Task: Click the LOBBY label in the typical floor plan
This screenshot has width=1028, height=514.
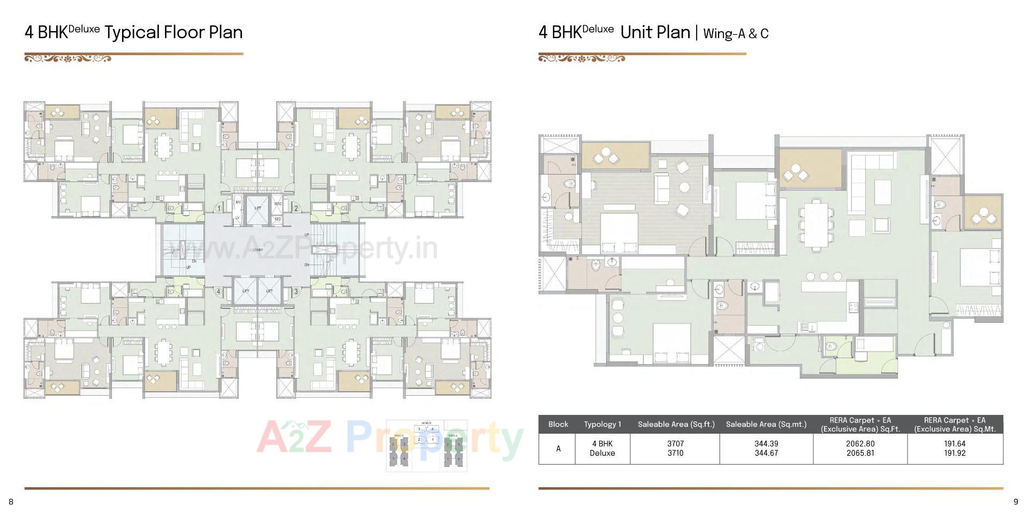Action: (258, 250)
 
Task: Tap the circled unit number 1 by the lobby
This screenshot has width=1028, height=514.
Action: (218, 209)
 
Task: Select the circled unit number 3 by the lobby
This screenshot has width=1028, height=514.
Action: (296, 292)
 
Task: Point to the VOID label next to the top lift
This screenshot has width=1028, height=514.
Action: (277, 203)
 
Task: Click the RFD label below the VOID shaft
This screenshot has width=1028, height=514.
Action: (277, 220)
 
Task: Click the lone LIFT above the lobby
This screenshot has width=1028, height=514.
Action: (258, 208)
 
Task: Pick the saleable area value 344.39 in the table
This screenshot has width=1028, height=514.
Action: (766, 444)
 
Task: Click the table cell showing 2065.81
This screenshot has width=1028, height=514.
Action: (860, 453)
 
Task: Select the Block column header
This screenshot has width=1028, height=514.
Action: (558, 424)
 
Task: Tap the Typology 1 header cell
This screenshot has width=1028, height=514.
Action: (602, 424)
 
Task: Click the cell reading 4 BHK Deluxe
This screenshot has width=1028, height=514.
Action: (602, 448)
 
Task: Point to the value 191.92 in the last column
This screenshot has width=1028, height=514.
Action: (955, 453)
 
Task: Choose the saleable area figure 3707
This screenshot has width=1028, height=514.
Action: (675, 444)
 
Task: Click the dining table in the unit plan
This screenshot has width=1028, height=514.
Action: (816, 223)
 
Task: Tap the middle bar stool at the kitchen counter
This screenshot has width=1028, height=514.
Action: (823, 276)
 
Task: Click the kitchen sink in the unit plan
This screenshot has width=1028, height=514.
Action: (806, 326)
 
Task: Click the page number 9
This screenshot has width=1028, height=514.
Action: (1016, 502)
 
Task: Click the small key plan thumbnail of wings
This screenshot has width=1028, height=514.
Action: (427, 445)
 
